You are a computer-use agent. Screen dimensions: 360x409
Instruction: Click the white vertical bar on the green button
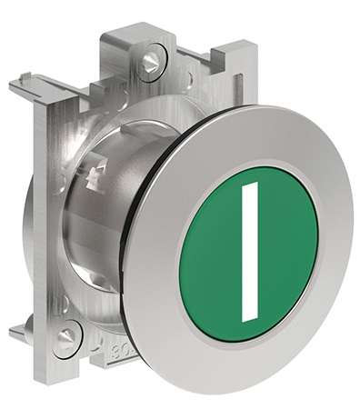250,252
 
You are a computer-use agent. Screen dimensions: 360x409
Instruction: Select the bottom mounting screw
66,337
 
